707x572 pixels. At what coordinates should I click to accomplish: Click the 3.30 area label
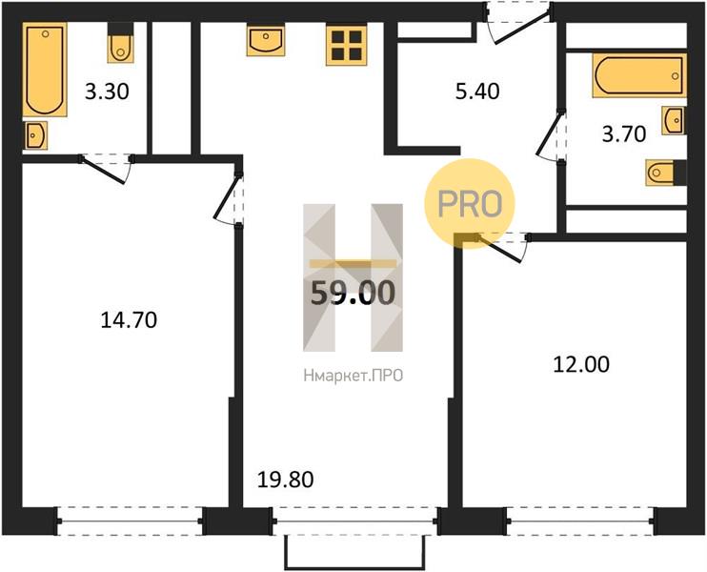point(107,92)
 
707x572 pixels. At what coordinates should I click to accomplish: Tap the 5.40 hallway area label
point(476,92)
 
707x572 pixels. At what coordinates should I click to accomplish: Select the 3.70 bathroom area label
point(624,134)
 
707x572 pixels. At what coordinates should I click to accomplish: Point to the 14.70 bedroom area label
point(129,320)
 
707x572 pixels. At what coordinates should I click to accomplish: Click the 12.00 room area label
point(581,364)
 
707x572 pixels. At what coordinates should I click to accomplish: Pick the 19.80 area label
point(285,480)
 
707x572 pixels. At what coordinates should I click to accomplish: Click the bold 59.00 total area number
point(353,293)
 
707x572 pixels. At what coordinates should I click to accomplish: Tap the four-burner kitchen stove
point(347,46)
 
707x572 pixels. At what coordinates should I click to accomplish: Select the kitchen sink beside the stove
point(266,41)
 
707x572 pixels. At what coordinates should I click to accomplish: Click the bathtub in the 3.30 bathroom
point(45,70)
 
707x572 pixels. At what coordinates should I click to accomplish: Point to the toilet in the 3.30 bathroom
point(120,43)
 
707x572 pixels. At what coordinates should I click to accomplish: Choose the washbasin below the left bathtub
point(35,135)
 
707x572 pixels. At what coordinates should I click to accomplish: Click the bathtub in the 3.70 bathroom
point(639,75)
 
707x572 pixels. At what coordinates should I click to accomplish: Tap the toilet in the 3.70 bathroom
point(666,173)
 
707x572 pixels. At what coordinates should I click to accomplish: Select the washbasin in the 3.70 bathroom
point(674,120)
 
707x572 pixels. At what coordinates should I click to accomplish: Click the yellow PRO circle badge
point(470,203)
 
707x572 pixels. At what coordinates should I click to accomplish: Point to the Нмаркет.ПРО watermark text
point(353,376)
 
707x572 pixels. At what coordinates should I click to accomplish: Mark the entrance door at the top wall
point(518,23)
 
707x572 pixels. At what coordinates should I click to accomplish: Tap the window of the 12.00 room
point(580,521)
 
